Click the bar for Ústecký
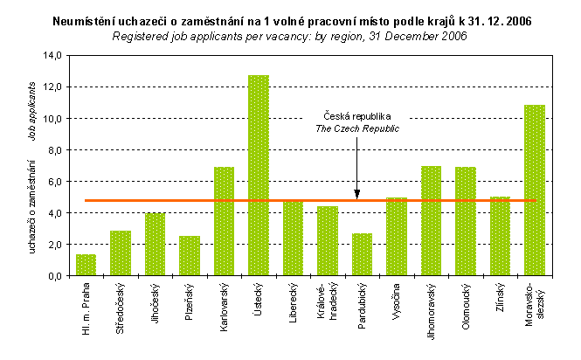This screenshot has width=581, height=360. click(x=258, y=175)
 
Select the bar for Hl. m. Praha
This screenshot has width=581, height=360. click(x=86, y=265)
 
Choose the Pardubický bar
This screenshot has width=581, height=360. click(x=362, y=254)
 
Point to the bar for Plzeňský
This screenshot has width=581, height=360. click(x=189, y=255)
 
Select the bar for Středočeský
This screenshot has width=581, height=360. click(x=121, y=253)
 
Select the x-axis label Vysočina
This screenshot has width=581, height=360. click(x=398, y=301)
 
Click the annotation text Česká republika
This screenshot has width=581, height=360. click(x=356, y=115)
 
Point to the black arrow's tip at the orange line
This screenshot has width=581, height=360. click(x=356, y=197)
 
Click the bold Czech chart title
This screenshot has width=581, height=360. click(x=290, y=20)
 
